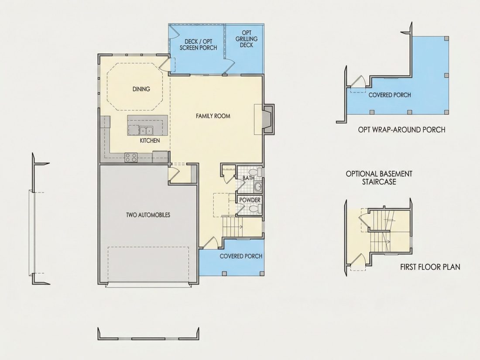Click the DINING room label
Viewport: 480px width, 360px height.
[x=141, y=89]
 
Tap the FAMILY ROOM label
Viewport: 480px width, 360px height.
[x=213, y=116]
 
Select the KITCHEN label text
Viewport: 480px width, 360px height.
[x=150, y=141]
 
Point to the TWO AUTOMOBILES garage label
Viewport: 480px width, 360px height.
[x=148, y=215]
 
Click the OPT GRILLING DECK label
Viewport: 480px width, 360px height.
[x=247, y=39]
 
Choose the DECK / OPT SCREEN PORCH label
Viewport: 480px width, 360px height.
[x=199, y=45]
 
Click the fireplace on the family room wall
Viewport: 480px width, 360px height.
[x=268, y=119]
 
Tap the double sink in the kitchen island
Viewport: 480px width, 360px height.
[x=146, y=131]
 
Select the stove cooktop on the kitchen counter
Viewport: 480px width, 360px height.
[x=131, y=158]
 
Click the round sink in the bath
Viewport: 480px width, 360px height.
[x=258, y=186]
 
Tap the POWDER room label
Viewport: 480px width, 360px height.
[x=250, y=200]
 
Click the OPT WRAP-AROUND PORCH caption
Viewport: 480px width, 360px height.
[x=401, y=130]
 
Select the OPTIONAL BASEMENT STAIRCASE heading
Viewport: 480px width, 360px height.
[x=379, y=178]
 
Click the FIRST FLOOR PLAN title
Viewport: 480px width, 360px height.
[x=430, y=267]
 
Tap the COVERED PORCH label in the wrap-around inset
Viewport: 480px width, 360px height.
[x=390, y=95]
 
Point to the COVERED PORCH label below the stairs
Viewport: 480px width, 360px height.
[x=241, y=256]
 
